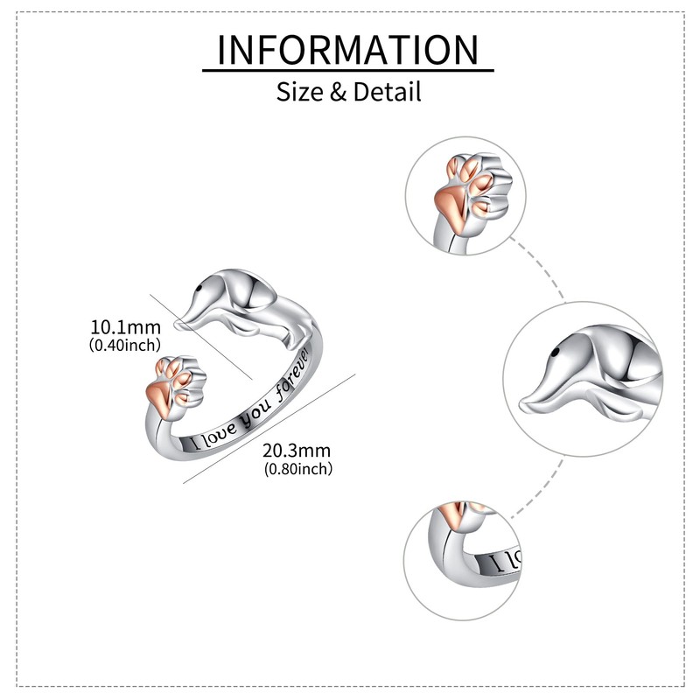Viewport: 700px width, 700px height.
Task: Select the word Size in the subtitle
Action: pos(299,91)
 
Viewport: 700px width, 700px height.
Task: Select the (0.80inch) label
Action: pos(297,469)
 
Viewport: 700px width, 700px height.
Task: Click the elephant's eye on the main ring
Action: pos(204,285)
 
